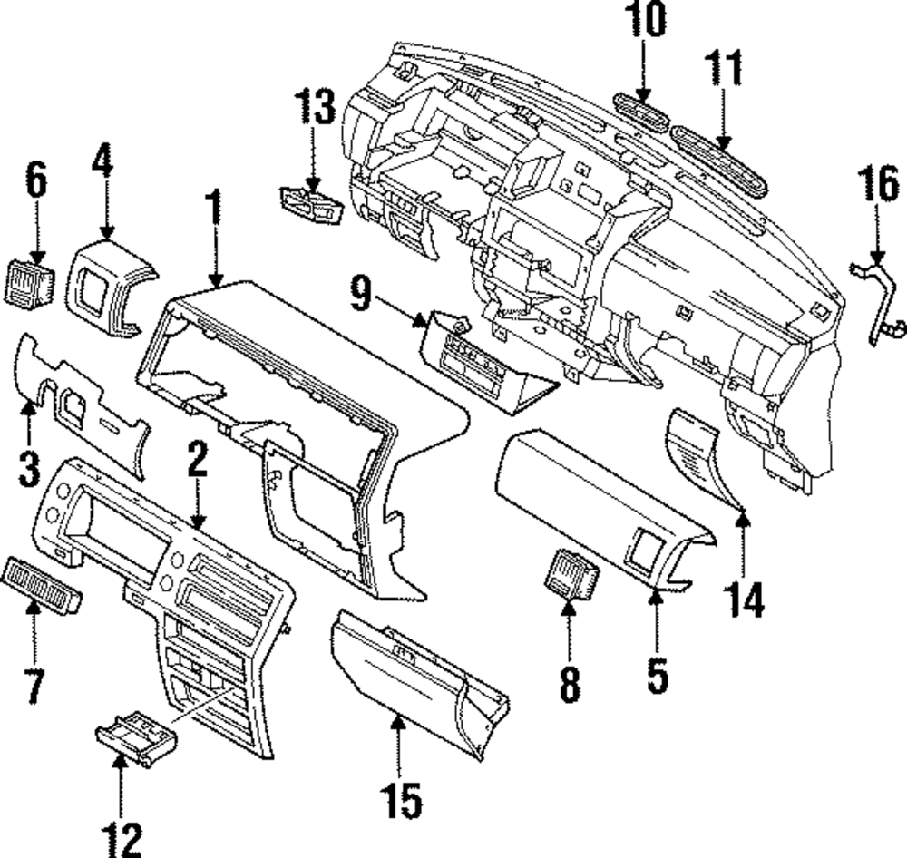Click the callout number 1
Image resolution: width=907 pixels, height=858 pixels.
[214, 209]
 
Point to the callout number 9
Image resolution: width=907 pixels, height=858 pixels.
[361, 295]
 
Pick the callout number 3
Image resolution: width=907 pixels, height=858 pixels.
[28, 468]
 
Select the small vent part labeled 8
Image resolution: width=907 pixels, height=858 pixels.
[568, 577]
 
